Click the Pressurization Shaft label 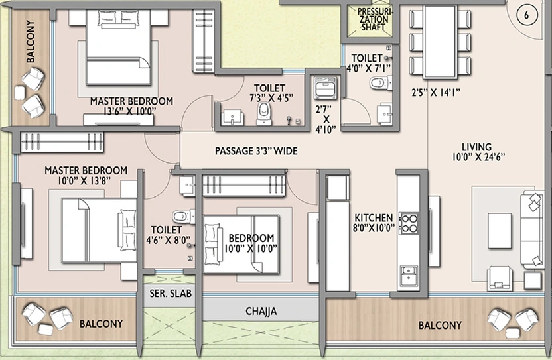tap(373, 19)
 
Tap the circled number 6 tap(526, 15)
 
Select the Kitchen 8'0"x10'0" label tap(374, 223)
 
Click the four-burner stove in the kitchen tap(409, 223)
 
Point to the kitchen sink tap(409, 275)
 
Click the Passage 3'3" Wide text tap(256, 151)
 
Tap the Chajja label tap(261, 311)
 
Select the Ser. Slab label tap(171, 293)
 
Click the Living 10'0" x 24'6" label tap(478, 152)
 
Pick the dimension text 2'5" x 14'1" tap(436, 92)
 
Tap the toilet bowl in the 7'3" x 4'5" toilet tap(263, 113)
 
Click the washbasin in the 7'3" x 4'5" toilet tap(232, 117)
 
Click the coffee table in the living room tap(500, 231)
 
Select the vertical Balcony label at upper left tap(31, 41)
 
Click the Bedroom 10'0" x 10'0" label tap(251, 243)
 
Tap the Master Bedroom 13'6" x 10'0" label tap(131, 106)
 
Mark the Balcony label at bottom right tap(440, 325)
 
